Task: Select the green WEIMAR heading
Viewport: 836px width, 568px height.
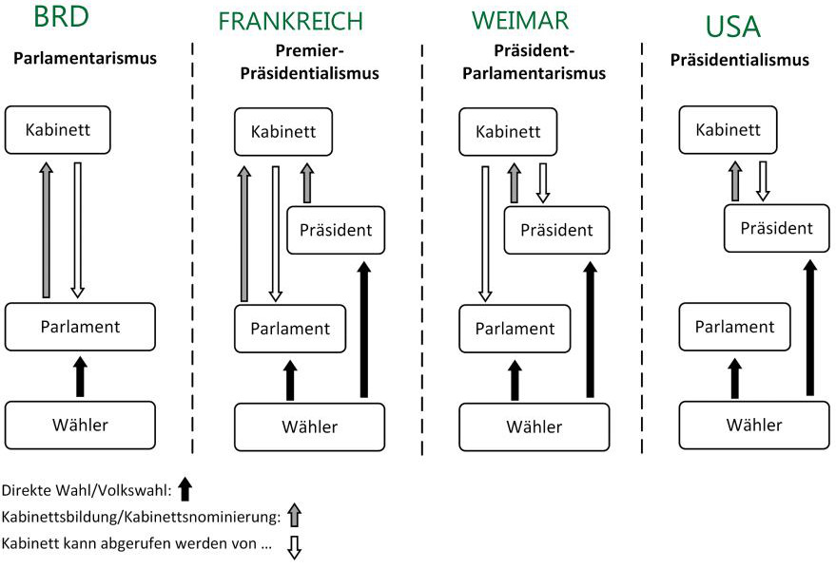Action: (521, 21)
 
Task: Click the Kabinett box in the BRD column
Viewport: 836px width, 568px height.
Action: (58, 129)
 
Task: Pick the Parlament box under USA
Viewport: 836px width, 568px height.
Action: (734, 327)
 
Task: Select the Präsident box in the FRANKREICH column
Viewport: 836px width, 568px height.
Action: (336, 230)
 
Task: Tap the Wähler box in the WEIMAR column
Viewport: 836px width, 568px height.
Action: (535, 427)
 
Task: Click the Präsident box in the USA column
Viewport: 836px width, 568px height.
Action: (776, 228)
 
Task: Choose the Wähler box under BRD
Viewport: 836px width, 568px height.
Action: (80, 425)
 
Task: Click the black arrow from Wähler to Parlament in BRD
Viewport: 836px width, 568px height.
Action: (80, 375)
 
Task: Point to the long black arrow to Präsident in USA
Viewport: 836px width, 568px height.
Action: (810, 327)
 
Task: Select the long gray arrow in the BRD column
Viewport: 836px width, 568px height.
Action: (47, 229)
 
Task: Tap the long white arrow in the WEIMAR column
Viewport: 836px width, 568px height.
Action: (484, 233)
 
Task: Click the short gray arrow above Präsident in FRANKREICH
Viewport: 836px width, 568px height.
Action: (306, 182)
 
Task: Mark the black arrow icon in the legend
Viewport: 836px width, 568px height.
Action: (185, 489)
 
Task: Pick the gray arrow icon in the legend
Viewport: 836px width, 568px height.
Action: (294, 517)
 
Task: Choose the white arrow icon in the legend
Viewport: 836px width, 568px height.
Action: (294, 548)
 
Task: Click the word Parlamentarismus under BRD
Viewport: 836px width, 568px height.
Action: (85, 59)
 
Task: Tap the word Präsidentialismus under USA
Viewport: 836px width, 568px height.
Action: (739, 60)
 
